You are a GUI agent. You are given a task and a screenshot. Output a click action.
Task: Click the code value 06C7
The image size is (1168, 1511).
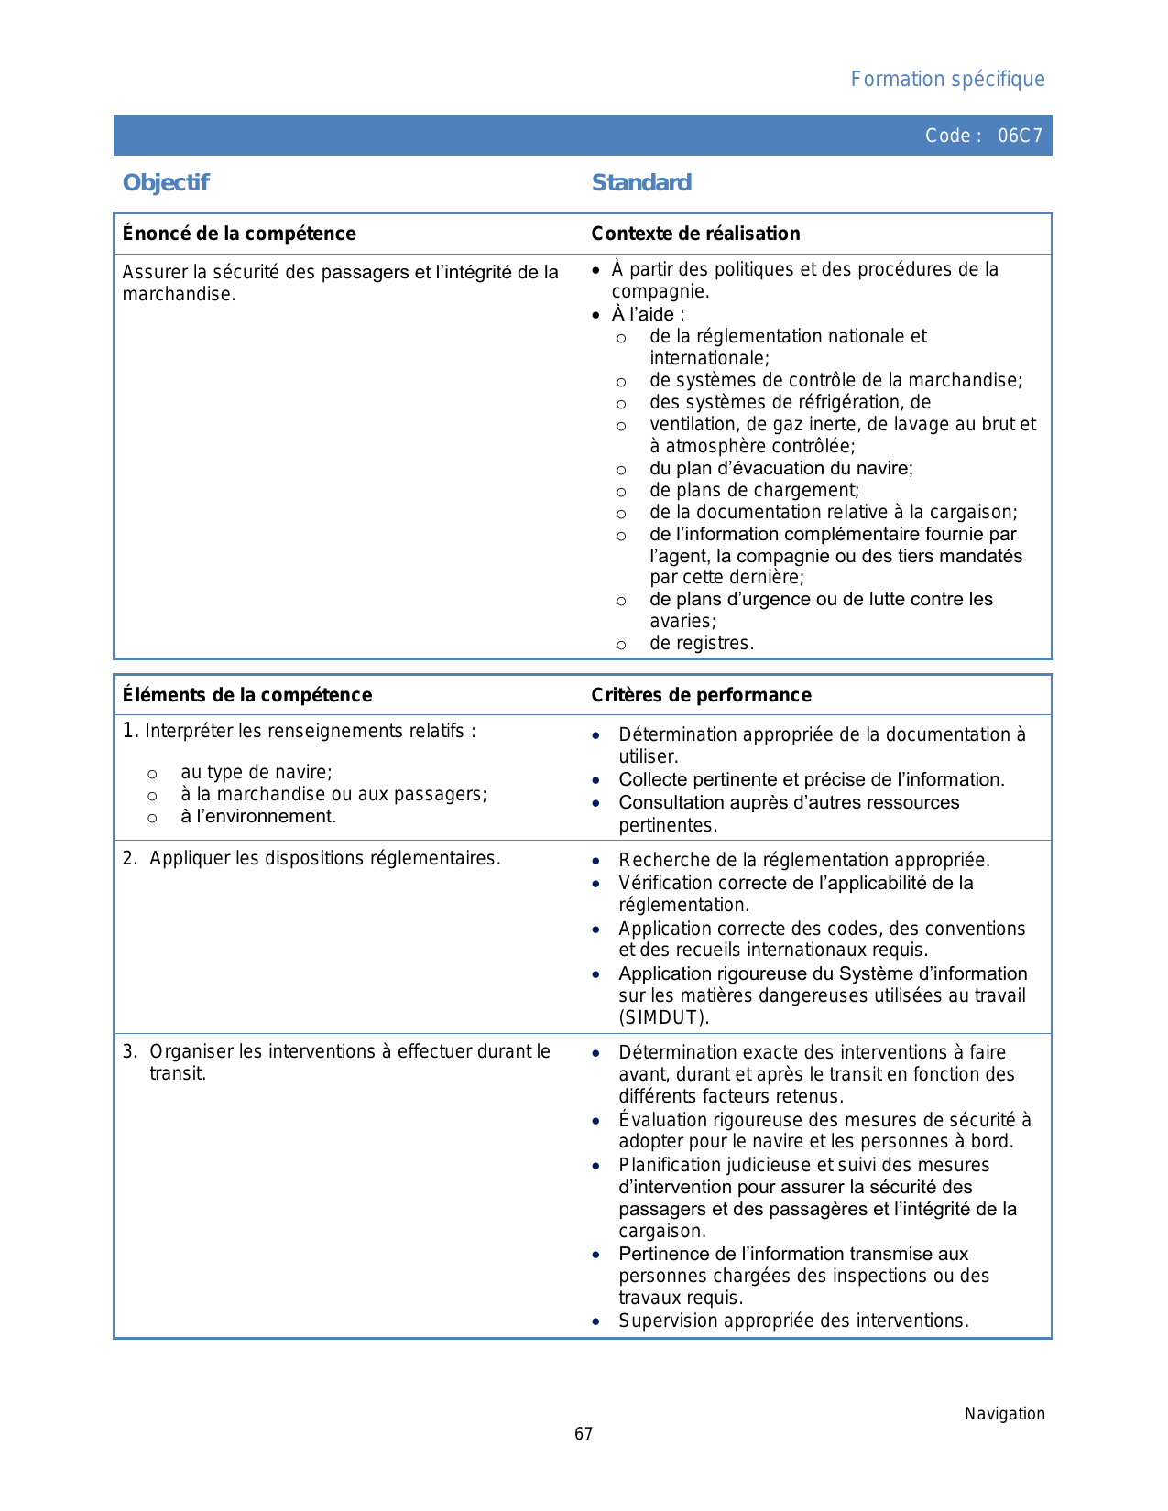tap(1020, 136)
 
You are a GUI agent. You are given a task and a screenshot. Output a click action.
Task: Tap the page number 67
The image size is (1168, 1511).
tap(584, 1434)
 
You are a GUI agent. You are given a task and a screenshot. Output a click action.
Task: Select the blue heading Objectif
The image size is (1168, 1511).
tap(166, 183)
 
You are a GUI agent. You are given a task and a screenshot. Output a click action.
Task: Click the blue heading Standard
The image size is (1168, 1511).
tap(641, 183)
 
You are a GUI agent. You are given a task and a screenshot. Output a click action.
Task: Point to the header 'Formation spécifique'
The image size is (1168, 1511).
tap(947, 80)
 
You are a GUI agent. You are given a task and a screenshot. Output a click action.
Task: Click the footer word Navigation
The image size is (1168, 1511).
tap(1004, 1414)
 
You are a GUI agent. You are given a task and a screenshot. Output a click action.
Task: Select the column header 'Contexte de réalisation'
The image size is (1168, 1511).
tap(695, 234)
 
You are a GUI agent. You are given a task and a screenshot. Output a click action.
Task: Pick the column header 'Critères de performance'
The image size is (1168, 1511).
tap(701, 695)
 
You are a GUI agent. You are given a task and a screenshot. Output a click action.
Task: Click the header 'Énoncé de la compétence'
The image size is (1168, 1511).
tap(239, 234)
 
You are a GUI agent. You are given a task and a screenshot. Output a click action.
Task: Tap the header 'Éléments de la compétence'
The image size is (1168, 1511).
tap(247, 695)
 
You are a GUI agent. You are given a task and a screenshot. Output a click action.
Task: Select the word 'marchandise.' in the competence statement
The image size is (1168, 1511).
tap(179, 295)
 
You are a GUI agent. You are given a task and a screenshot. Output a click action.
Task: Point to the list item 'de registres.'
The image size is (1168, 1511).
tap(702, 644)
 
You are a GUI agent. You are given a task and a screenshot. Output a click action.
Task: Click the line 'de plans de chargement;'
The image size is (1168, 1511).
tap(755, 490)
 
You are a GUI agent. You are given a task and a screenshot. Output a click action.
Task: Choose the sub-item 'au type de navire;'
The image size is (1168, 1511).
tap(257, 772)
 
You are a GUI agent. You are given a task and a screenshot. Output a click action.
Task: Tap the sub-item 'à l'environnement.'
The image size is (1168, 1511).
tap(258, 816)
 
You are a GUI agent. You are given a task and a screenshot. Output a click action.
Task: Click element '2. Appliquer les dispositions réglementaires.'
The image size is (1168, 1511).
tap(312, 859)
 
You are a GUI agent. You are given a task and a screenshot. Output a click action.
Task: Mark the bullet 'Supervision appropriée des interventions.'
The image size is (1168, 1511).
tap(793, 1321)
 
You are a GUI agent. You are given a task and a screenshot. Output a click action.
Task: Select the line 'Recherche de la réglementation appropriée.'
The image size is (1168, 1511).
tap(804, 860)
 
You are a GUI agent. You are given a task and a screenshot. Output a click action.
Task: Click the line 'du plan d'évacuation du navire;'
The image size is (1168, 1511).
tap(781, 468)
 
